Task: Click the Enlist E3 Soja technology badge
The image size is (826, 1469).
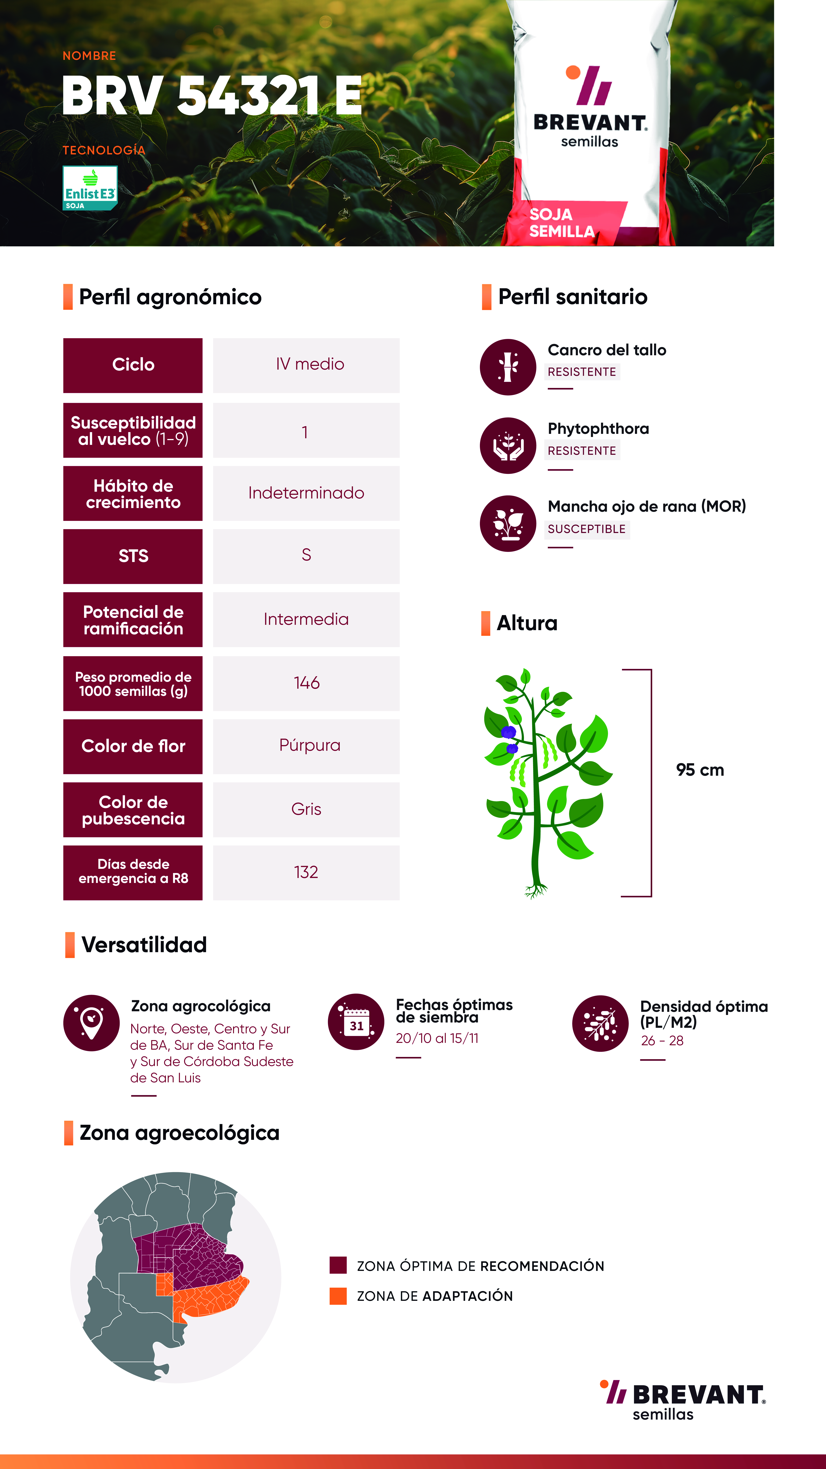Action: (90, 188)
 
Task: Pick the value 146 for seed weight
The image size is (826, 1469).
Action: (306, 683)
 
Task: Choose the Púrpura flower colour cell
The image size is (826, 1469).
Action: (306, 746)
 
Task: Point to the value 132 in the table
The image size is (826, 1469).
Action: (306, 872)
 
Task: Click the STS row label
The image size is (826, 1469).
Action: (133, 556)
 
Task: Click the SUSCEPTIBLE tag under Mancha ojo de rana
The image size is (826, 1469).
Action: (587, 529)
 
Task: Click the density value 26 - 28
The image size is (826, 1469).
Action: (662, 1041)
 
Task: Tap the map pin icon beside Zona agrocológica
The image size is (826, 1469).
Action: (91, 1023)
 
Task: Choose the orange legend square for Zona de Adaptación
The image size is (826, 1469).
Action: (338, 1296)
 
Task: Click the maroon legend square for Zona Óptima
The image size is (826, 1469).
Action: (338, 1265)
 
